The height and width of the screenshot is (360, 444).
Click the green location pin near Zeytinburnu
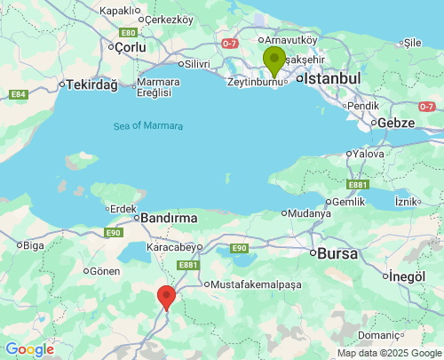[274, 60]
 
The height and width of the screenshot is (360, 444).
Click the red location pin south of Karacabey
[166, 297]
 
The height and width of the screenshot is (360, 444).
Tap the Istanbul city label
[333, 79]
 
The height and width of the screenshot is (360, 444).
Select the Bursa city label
[337, 253]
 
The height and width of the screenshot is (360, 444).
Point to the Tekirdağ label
[88, 84]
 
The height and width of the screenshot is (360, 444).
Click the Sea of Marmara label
[148, 125]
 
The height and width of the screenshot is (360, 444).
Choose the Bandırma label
[168, 217]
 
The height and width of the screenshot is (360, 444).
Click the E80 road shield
[126, 32]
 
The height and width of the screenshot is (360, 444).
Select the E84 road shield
[19, 94]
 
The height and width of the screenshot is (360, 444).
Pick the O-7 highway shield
[230, 42]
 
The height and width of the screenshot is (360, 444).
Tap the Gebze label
[396, 123]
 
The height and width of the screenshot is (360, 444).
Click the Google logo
[29, 349]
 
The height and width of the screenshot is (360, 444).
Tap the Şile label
[412, 42]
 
